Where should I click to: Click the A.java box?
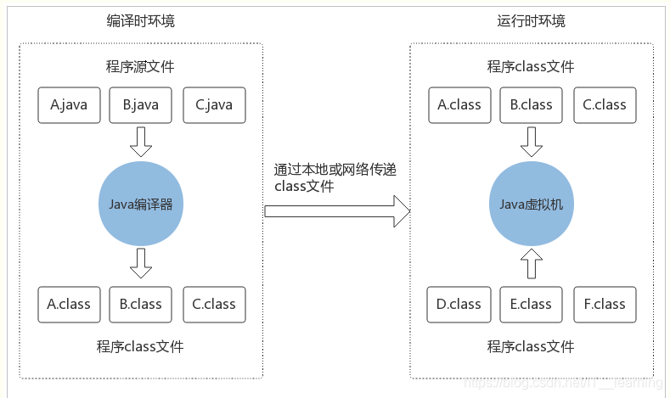(x=69, y=105)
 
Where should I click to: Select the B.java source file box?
(x=140, y=105)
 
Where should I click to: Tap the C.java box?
(x=214, y=105)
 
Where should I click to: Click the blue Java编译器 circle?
(x=141, y=204)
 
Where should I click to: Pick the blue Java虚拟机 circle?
(x=532, y=205)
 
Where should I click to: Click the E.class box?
(x=531, y=304)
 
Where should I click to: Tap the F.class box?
(x=605, y=304)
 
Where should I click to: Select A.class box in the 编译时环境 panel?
(x=69, y=304)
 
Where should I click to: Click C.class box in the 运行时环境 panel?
(x=605, y=105)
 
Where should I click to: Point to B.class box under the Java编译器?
(x=140, y=304)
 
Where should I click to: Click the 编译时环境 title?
(x=140, y=20)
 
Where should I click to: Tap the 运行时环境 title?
(x=531, y=20)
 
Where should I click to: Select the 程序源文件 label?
(x=140, y=67)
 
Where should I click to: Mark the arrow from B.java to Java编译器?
(x=141, y=141)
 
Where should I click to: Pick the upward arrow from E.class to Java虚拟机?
(x=532, y=264)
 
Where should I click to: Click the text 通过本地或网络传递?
(x=335, y=170)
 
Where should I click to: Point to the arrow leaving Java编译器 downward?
(x=141, y=263)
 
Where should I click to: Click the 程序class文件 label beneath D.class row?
(x=531, y=346)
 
